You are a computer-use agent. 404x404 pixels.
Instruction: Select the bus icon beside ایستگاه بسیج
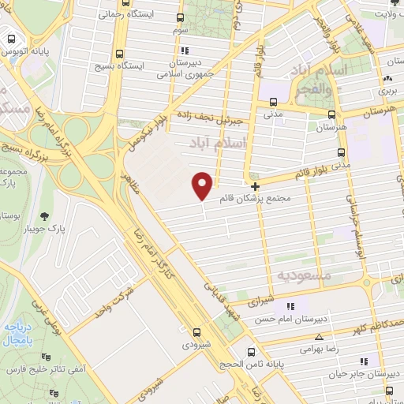coord(118,54)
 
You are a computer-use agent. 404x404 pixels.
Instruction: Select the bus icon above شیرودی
coord(195,332)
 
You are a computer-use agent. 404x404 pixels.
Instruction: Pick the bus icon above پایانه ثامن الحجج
coord(251,351)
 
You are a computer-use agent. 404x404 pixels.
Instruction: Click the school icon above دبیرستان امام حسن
coord(290,306)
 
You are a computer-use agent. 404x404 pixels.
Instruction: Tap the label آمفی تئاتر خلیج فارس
coord(32,369)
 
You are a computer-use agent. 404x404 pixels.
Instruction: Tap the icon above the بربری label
coord(387,80)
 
